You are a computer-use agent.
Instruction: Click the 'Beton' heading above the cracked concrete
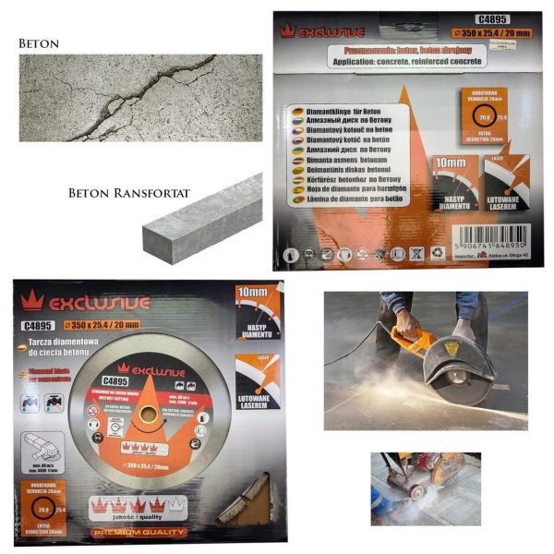point(39,42)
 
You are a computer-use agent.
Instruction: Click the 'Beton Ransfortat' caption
point(116,195)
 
